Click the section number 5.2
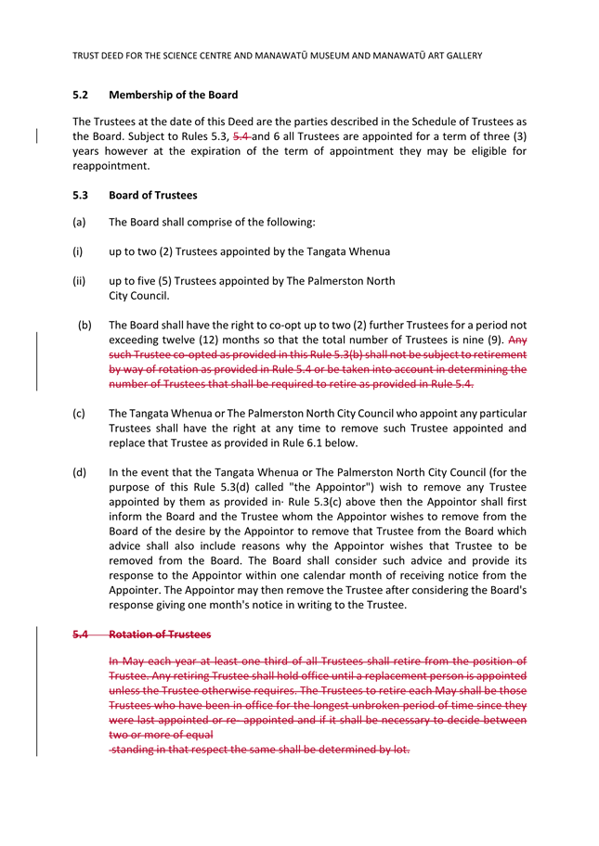point(80,95)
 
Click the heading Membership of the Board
point(173,95)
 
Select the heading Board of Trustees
point(152,195)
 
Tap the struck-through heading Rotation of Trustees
point(160,634)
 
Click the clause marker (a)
point(79,223)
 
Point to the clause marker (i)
point(78,251)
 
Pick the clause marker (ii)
point(79,281)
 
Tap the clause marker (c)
point(79,414)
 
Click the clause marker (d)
point(79,472)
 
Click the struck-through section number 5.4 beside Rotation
point(80,634)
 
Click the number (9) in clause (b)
point(494,340)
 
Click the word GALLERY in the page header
point(458,56)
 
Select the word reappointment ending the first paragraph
point(111,166)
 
